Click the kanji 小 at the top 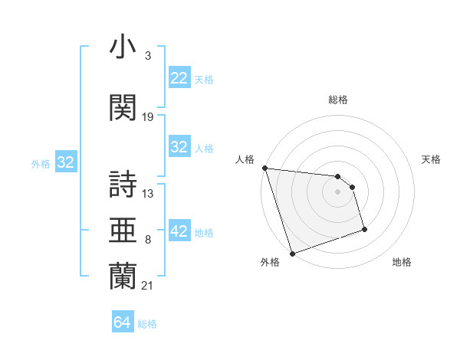[123, 47]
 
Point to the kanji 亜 [123, 231]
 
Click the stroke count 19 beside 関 [148, 117]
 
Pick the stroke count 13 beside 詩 [148, 193]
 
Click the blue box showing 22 [179, 78]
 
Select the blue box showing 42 [179, 232]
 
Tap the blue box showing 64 [122, 322]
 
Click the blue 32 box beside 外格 [65, 162]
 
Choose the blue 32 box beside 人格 [179, 148]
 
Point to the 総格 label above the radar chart [337, 100]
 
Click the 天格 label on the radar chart [432, 159]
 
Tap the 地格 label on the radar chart [402, 262]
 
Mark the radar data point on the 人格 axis [264, 168]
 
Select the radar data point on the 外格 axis [292, 253]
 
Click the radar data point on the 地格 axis [364, 228]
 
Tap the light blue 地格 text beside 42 [204, 233]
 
